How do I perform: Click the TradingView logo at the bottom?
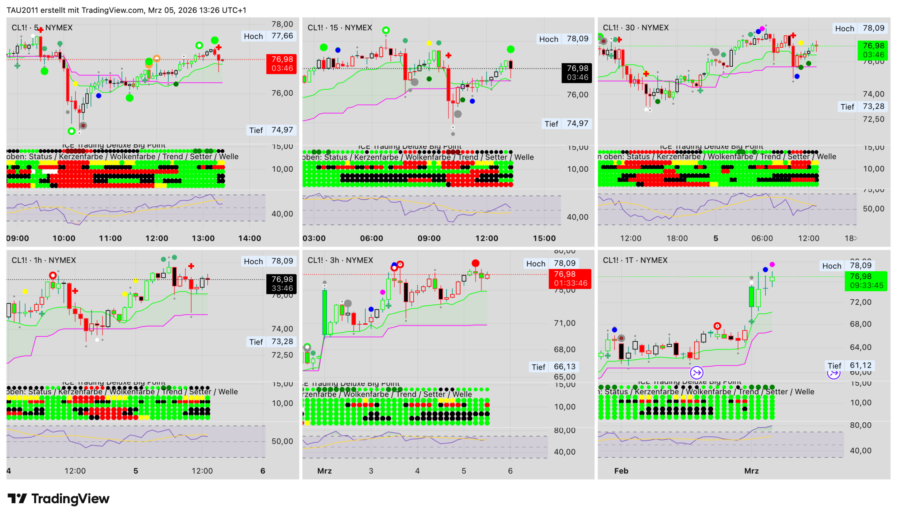click(58, 499)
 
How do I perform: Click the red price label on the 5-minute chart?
click(282, 64)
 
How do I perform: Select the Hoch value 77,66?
click(282, 36)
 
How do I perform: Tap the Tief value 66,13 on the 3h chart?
click(564, 367)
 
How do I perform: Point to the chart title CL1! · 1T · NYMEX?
click(635, 260)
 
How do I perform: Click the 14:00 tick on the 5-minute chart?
click(250, 238)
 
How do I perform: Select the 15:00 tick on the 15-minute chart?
click(544, 238)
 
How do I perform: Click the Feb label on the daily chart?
click(621, 471)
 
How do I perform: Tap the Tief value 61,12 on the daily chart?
click(860, 365)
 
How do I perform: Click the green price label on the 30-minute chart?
click(873, 50)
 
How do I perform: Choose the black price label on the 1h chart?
click(282, 284)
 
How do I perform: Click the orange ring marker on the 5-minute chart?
click(156, 58)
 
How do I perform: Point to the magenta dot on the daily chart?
click(772, 265)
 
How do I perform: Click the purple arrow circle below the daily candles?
click(696, 373)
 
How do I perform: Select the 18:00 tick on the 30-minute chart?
click(677, 238)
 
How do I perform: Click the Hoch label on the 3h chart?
click(535, 264)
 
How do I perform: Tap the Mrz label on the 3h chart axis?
click(324, 471)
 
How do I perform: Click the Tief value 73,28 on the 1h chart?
click(282, 342)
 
